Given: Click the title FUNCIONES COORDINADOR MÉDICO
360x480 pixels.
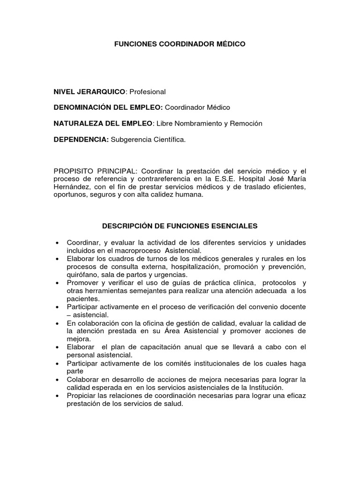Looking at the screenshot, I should click(x=180, y=44).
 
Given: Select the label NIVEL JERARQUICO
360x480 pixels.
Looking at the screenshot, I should click(x=90, y=91).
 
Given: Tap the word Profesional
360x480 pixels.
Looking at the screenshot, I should click(x=147, y=91).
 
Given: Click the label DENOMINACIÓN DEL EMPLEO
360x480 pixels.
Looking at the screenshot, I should click(x=108, y=107).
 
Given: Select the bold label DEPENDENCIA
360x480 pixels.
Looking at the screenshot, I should click(x=81, y=139).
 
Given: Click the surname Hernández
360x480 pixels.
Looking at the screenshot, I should click(x=73, y=187).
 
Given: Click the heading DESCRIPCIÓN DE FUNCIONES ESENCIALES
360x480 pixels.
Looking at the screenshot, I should click(x=180, y=226).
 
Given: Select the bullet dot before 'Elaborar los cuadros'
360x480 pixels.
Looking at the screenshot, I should click(x=57, y=259).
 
